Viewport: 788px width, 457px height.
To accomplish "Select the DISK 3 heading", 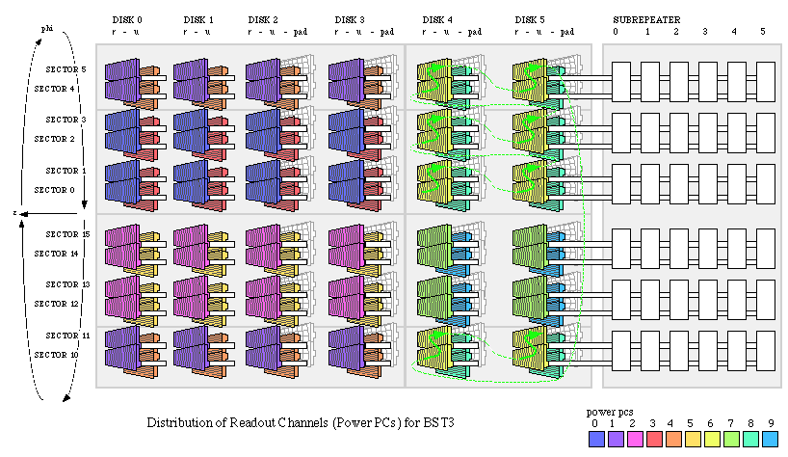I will (x=350, y=19).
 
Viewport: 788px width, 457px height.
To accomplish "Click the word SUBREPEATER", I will (x=644, y=19).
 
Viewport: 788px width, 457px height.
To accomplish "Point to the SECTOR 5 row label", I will (x=65, y=69).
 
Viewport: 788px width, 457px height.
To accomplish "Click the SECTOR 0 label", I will (x=55, y=190).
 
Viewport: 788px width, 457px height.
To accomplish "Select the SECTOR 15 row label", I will (x=66, y=234).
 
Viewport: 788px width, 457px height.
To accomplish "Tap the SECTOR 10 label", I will (x=55, y=355).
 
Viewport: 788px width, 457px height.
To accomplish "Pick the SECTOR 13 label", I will (x=66, y=284).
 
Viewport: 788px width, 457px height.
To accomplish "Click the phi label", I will (x=45, y=28).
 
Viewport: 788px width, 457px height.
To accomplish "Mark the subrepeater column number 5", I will (x=763, y=32).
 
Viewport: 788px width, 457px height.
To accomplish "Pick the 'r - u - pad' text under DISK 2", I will (x=277, y=32).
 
